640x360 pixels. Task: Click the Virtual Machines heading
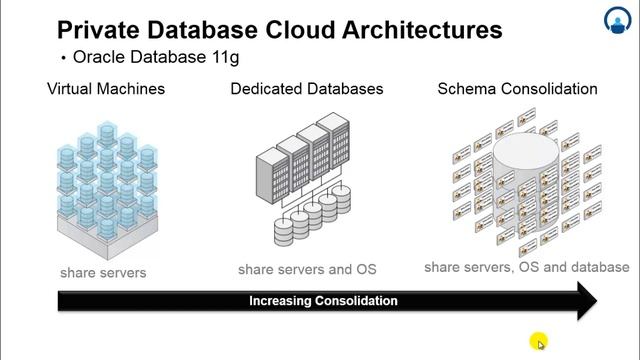(x=106, y=89)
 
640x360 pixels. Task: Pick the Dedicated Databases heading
(x=307, y=89)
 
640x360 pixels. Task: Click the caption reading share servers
(x=103, y=272)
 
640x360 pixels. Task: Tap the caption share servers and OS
(x=307, y=269)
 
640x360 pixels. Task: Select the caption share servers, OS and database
(x=527, y=267)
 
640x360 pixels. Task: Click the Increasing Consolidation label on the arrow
(x=323, y=300)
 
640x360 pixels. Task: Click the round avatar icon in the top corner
(x=617, y=20)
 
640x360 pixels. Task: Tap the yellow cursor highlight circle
(x=539, y=342)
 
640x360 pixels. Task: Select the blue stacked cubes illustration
(x=107, y=180)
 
